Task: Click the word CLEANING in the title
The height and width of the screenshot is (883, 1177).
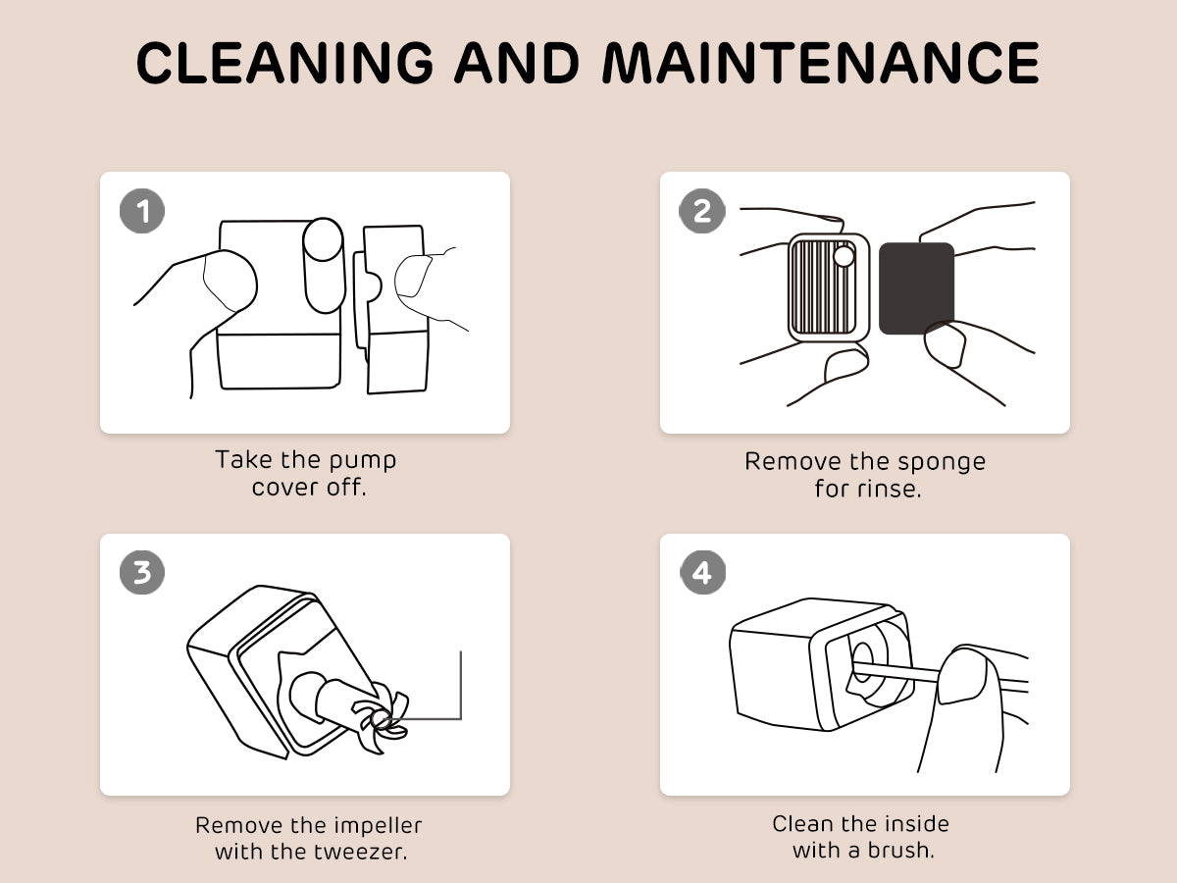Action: point(284,63)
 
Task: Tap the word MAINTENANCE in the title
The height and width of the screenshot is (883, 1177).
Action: point(821,63)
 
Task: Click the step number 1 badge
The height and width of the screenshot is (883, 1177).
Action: point(142,211)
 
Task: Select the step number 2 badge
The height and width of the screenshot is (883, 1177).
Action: point(702,211)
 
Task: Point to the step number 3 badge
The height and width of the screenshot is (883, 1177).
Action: point(142,573)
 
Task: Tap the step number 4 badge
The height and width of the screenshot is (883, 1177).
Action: point(702,573)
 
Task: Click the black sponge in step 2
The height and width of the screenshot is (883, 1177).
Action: point(916,287)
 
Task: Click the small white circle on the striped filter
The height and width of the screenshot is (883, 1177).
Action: point(844,256)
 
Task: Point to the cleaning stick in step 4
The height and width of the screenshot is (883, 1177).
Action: point(896,672)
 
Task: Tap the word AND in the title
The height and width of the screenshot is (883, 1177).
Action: point(517,63)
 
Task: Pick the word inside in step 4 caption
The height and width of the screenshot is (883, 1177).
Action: point(916,824)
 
